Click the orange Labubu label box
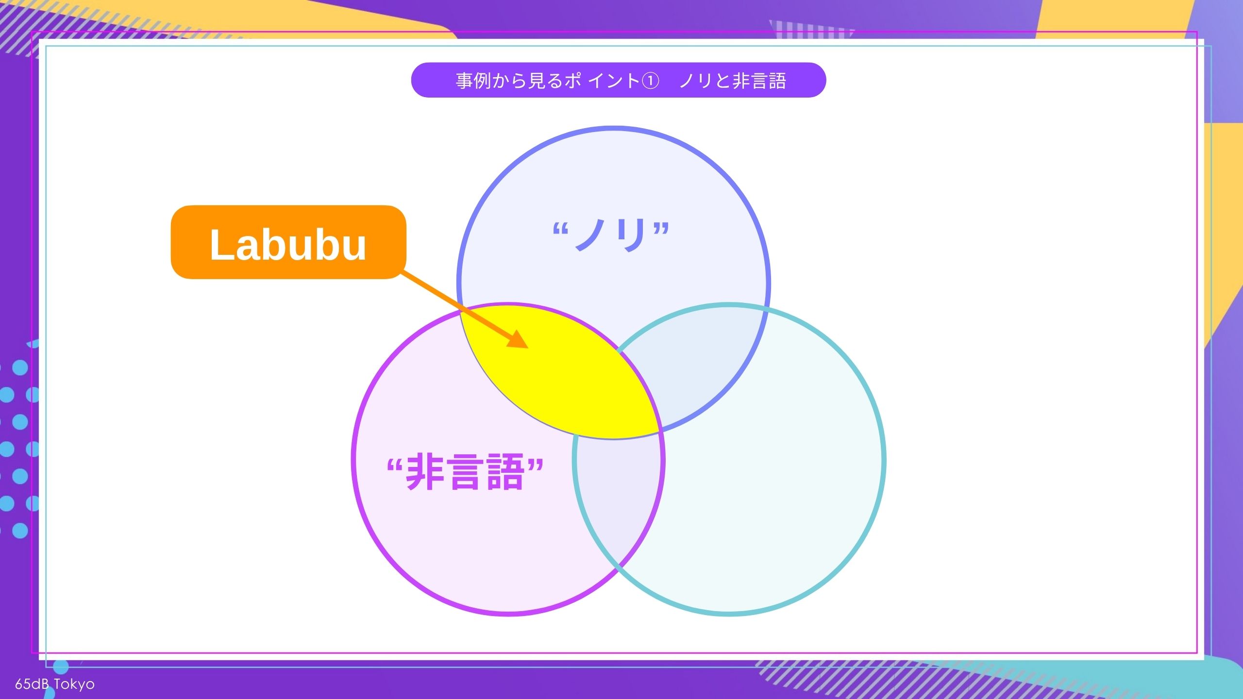[288, 242]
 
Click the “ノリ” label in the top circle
[611, 235]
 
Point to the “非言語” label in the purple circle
[465, 472]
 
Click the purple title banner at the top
[618, 80]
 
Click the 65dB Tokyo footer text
[55, 684]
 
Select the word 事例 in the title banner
[473, 81]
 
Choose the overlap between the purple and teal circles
[617, 500]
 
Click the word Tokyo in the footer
[74, 684]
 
